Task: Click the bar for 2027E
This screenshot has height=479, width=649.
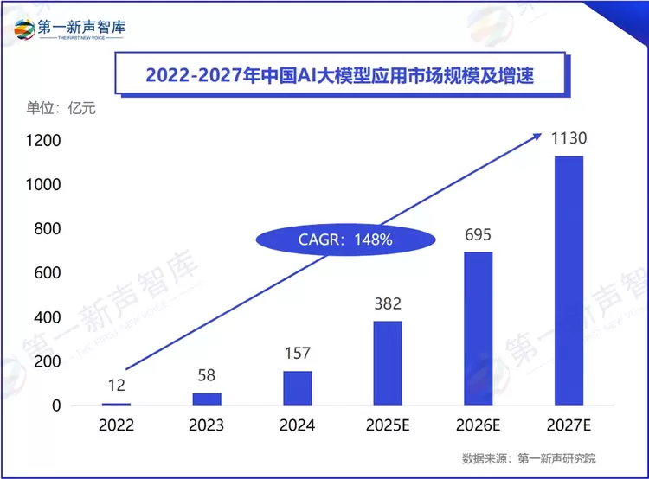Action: pyautogui.click(x=569, y=280)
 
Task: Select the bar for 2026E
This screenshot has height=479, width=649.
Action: pyautogui.click(x=478, y=329)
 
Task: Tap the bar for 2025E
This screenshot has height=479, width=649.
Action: pyautogui.click(x=388, y=363)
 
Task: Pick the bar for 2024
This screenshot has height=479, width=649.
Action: pyautogui.click(x=297, y=387)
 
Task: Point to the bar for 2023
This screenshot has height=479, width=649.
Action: pyautogui.click(x=206, y=399)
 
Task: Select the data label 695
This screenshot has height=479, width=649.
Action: pyautogui.click(x=478, y=233)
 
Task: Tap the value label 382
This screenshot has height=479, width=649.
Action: pyautogui.click(x=388, y=303)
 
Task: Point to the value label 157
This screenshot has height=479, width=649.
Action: pyautogui.click(x=297, y=353)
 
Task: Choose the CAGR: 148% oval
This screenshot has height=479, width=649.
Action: pyautogui.click(x=345, y=240)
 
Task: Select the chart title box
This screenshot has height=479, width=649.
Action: pyautogui.click(x=339, y=75)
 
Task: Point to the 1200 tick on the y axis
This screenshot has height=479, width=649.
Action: pyautogui.click(x=42, y=141)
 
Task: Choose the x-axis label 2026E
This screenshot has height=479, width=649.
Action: pyautogui.click(x=478, y=425)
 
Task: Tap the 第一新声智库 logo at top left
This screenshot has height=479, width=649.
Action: pyautogui.click(x=69, y=29)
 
